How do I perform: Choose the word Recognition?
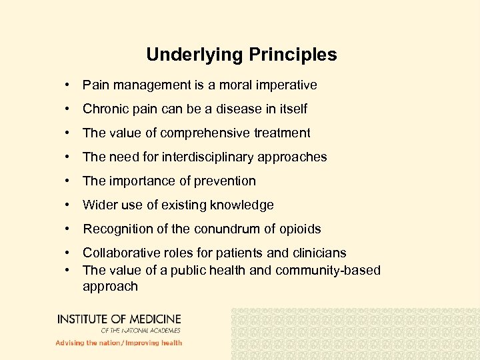coord(117,229)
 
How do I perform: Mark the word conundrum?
coord(233,229)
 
